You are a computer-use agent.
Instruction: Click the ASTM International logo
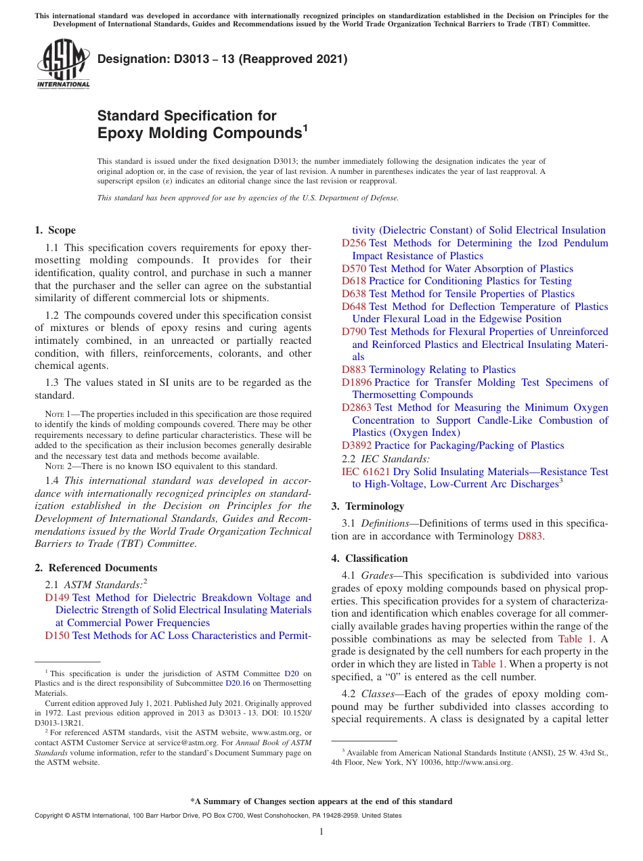[x=63, y=64]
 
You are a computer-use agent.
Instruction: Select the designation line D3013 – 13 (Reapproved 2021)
[x=222, y=60]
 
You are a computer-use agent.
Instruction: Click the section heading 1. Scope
[x=55, y=230]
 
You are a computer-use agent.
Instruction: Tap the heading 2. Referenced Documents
[x=95, y=568]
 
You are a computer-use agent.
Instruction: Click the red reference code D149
[x=57, y=598]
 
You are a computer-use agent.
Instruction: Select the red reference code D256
[x=354, y=243]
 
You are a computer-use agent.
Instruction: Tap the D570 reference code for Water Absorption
[x=354, y=269]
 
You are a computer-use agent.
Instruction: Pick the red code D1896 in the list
[x=357, y=382]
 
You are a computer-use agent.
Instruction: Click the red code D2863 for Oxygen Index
[x=357, y=407]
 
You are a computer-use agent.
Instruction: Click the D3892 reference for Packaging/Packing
[x=357, y=445]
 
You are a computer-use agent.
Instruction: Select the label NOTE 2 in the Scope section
[x=54, y=466]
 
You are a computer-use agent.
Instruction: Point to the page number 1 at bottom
[x=321, y=831]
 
